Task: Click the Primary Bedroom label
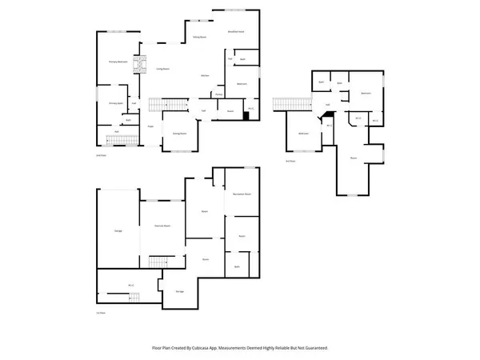coord(119,62)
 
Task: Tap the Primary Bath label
coord(115,103)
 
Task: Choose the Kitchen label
coord(205,75)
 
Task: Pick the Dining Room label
coord(179,134)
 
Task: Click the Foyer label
coord(150,126)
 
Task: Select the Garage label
coord(118,230)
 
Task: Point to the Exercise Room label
coord(163,226)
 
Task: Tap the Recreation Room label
coord(242,194)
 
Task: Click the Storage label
coord(180,291)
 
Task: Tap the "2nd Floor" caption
coord(102,156)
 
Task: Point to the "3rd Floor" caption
coord(291,161)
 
